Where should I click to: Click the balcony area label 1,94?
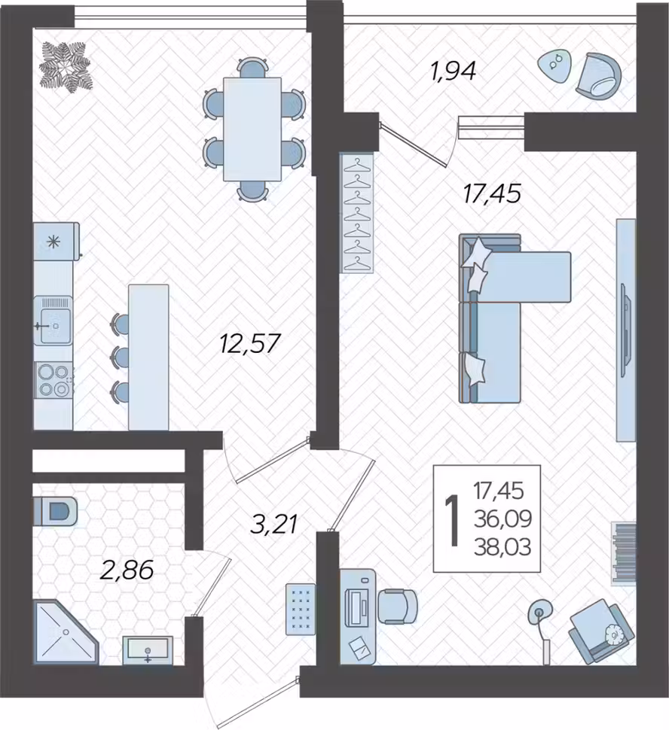(x=453, y=72)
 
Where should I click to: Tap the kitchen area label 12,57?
(x=250, y=344)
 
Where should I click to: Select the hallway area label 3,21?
(x=273, y=525)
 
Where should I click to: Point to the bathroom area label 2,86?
(x=127, y=570)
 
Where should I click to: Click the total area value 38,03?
(x=503, y=548)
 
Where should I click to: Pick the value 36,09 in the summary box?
(x=503, y=519)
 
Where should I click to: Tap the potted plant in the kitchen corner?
(x=66, y=66)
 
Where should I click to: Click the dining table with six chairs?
(x=253, y=129)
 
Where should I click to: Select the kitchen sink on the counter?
(x=53, y=321)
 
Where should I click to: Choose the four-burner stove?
(x=53, y=380)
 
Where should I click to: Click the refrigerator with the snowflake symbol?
(x=56, y=241)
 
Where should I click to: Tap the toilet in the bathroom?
(x=55, y=512)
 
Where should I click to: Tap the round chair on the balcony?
(x=599, y=75)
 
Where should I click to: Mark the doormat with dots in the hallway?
(x=301, y=609)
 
